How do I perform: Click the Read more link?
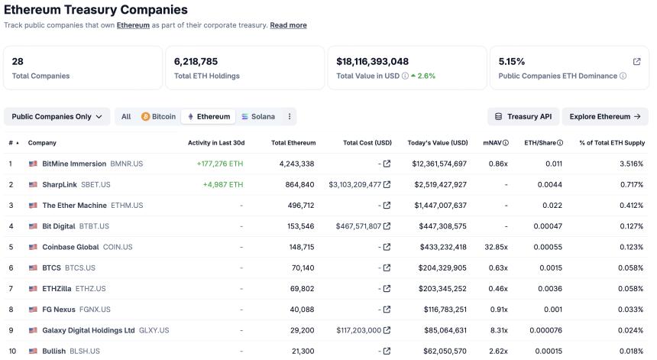point(288,25)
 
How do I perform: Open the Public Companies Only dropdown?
point(57,116)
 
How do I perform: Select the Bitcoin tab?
point(158,117)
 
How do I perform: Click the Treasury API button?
point(523,116)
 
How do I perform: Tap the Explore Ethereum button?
point(605,116)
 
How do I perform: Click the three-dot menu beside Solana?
point(289,117)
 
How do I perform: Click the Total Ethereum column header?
point(293,143)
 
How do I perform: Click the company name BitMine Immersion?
point(74,164)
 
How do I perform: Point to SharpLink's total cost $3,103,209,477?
point(354,184)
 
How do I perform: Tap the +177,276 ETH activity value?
point(220,164)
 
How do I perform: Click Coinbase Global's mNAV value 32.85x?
point(495,247)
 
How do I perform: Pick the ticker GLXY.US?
point(154,330)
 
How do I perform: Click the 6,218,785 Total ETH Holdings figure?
point(196,61)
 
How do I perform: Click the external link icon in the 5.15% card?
point(636,61)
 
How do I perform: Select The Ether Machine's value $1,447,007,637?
point(439,206)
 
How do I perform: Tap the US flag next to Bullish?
point(33,351)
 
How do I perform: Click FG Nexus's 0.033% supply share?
point(631,310)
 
